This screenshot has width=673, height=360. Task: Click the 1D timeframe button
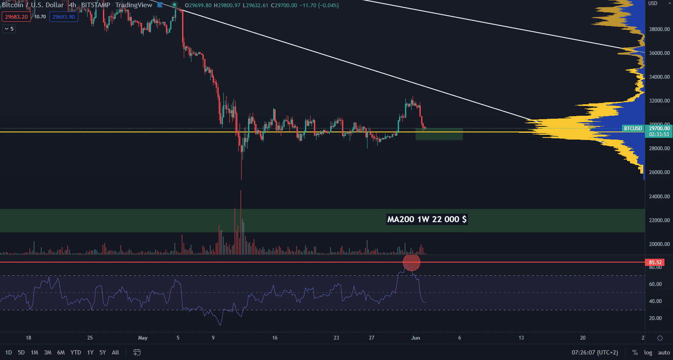(9, 352)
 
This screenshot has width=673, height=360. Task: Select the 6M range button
(61, 352)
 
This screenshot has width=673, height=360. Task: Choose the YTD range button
(76, 352)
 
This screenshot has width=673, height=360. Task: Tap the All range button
(115, 352)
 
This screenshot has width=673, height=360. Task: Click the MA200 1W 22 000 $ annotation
(427, 219)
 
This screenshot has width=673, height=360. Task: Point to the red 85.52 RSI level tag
(655, 263)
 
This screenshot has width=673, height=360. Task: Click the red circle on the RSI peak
(411, 263)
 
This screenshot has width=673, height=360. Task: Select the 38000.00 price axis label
(659, 29)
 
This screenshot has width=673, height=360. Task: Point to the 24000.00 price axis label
(659, 197)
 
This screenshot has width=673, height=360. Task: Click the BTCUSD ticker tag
(633, 129)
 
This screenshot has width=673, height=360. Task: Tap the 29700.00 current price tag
(659, 129)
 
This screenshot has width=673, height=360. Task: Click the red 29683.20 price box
(16, 17)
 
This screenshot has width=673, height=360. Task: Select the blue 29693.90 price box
(63, 17)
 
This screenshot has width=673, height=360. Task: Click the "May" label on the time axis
(143, 338)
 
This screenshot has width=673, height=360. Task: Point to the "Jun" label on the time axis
(416, 338)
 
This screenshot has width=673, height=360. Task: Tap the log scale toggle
(648, 352)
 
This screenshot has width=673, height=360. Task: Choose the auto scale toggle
(664, 352)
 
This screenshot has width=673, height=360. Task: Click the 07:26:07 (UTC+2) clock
(595, 352)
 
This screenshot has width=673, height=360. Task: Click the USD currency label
(653, 3)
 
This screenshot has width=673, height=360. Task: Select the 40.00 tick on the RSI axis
(655, 301)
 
